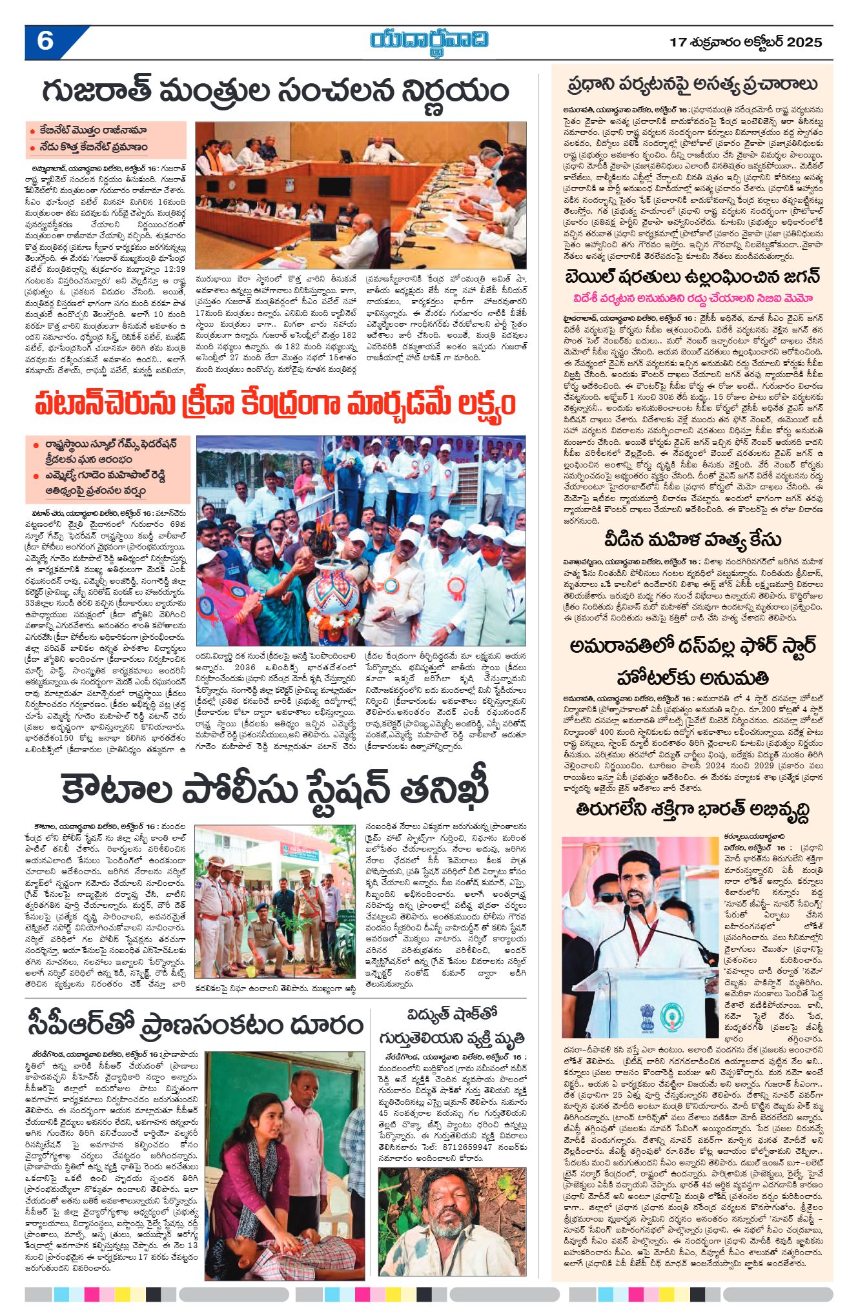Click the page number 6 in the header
coord(45,41)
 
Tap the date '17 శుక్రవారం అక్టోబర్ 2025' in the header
coord(746,43)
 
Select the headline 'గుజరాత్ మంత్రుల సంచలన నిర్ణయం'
coord(276,92)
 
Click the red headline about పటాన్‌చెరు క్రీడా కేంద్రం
coord(276,405)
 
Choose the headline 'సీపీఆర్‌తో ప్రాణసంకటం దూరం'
coord(196,1025)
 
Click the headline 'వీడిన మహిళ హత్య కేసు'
coord(692,539)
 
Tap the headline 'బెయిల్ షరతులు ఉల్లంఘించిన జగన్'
coord(692,277)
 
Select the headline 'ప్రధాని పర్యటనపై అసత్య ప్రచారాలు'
coord(692,85)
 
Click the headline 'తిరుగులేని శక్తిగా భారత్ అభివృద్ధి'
coord(692,810)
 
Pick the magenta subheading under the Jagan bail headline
coord(692,298)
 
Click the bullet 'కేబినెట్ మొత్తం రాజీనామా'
coord(90,131)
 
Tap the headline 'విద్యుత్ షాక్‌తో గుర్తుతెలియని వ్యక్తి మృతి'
coord(451,1027)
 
